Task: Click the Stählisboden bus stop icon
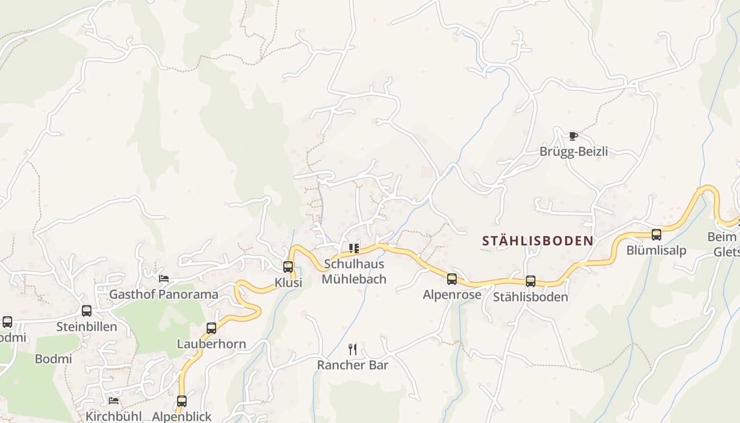tap(531, 281)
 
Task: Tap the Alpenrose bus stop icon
tap(452, 279)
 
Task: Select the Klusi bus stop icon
tap(288, 267)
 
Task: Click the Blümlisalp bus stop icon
tap(656, 235)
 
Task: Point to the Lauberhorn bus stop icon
tap(211, 328)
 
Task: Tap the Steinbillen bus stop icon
tap(87, 311)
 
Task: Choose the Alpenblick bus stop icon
tap(182, 401)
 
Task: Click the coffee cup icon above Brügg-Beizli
tap(573, 136)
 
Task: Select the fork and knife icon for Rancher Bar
tap(353, 349)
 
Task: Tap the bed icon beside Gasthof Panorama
tap(164, 278)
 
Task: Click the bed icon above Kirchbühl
tap(114, 401)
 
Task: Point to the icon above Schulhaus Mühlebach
tap(354, 248)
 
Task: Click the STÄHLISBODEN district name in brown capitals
tap(538, 241)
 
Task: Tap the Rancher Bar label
tap(353, 365)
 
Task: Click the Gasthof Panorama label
tap(164, 295)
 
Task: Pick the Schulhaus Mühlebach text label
tap(354, 271)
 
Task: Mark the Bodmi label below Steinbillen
tap(53, 359)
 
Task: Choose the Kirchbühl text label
tap(114, 416)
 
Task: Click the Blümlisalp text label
tap(656, 251)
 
